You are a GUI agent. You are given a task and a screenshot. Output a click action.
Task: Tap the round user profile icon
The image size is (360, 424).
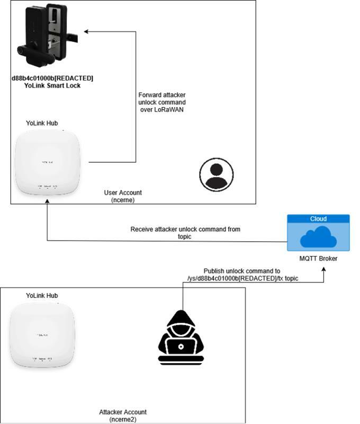pyautogui.click(x=216, y=173)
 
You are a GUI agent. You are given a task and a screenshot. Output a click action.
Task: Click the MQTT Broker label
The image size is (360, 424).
pyautogui.click(x=318, y=259)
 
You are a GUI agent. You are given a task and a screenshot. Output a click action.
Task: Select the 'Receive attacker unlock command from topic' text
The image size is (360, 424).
pyautogui.click(x=185, y=233)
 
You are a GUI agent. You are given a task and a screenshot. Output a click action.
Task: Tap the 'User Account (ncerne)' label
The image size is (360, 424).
pyautogui.click(x=123, y=196)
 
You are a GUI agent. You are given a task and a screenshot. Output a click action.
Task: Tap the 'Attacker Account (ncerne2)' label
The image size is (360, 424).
pyautogui.click(x=123, y=416)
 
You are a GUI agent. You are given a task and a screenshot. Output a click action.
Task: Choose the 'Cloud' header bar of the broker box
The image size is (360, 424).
pyautogui.click(x=318, y=218)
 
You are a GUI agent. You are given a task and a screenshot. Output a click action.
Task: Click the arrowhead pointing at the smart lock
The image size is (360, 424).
pyautogui.click(x=87, y=32)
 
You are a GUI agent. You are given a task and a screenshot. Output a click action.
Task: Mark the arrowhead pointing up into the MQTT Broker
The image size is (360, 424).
pyautogui.click(x=323, y=270)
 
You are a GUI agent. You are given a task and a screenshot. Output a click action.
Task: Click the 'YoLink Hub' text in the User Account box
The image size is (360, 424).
pyautogui.click(x=42, y=123)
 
